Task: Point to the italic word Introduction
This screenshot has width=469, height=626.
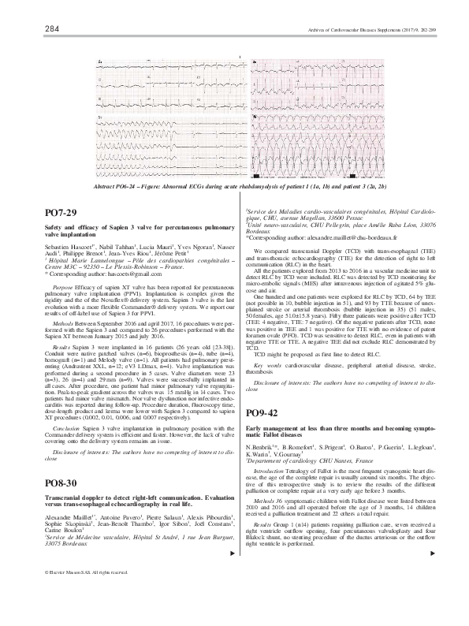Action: point(270,468)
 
